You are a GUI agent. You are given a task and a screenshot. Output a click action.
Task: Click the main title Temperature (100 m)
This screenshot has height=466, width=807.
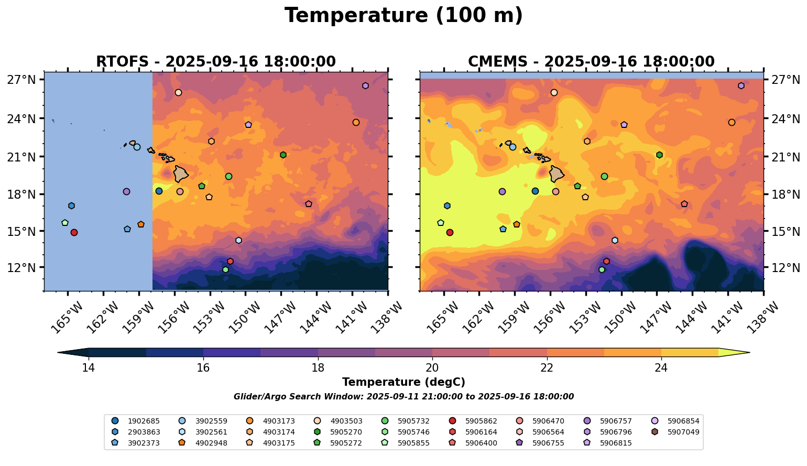coord(403,16)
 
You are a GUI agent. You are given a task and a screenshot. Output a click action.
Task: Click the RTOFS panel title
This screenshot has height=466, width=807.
coord(215,62)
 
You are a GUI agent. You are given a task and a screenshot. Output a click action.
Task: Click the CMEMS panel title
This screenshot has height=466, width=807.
coord(591,62)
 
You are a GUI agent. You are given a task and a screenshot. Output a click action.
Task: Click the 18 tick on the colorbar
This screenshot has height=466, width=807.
coord(318,367)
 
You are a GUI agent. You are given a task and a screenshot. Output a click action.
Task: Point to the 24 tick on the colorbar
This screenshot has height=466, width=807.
coord(661,367)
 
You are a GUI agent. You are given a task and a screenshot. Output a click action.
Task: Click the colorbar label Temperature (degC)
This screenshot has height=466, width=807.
coord(403,382)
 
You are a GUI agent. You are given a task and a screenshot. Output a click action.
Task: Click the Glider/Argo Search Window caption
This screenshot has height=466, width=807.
coord(403,397)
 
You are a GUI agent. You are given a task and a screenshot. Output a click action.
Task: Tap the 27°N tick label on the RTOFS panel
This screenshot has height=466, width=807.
coord(21,80)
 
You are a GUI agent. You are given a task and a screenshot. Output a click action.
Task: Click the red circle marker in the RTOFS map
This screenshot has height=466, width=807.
coord(74,232)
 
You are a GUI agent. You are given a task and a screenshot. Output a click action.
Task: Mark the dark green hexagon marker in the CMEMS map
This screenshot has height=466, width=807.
coord(659,155)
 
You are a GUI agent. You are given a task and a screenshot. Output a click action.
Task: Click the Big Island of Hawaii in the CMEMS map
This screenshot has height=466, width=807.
coord(557,173)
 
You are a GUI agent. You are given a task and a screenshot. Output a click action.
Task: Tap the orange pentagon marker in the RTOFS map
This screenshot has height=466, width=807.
coord(141,224)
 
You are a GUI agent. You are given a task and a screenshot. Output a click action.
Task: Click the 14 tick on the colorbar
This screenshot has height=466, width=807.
coord(89,367)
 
